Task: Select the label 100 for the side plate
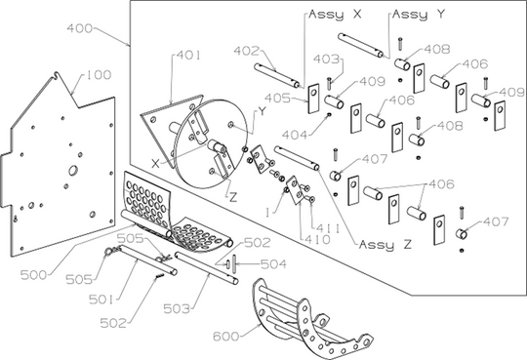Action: pos(98,75)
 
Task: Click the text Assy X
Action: pos(335,16)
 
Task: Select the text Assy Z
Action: pos(385,243)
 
